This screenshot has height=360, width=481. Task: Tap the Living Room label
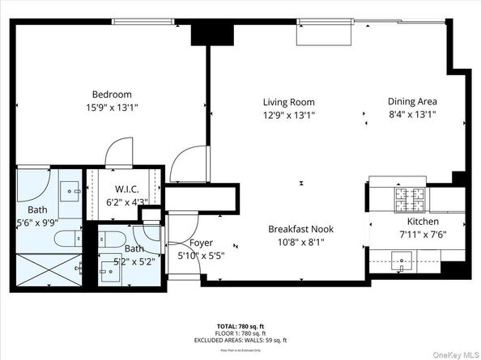288,102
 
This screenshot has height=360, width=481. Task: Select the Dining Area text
412,101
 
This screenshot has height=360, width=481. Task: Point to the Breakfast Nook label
300,229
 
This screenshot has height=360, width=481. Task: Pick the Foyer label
201,243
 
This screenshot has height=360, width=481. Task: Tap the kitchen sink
402,260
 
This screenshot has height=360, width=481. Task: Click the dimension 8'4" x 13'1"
412,115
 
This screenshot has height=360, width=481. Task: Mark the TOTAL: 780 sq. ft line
240,324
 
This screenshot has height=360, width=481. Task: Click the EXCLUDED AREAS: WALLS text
240,340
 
